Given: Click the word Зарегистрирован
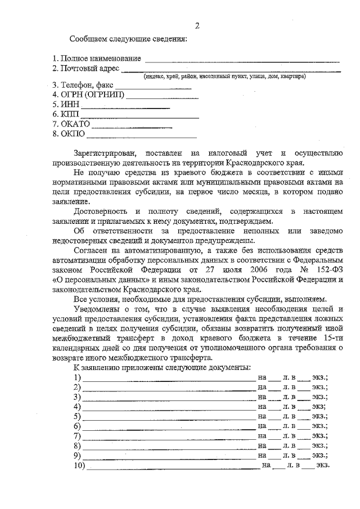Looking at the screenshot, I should click(x=105, y=153).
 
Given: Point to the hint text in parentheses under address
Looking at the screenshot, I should click(x=224, y=76).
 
